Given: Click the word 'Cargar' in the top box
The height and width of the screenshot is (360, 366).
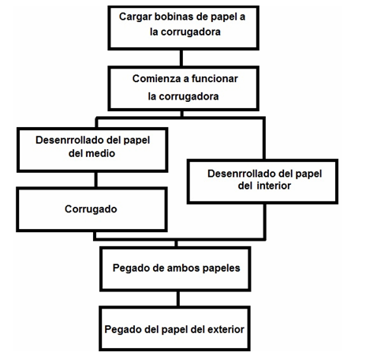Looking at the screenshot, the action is click(x=135, y=17).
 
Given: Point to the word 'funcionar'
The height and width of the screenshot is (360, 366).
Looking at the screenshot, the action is click(x=215, y=79).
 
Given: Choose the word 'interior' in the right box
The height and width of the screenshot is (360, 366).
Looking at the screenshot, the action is click(x=274, y=186).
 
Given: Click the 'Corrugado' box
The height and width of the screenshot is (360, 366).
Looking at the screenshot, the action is click(x=91, y=209).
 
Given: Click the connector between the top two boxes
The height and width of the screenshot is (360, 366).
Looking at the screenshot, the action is click(x=181, y=58).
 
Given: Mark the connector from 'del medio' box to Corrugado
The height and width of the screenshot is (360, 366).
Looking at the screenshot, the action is click(x=95, y=180).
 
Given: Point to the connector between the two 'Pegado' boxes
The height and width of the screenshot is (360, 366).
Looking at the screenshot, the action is click(x=178, y=298).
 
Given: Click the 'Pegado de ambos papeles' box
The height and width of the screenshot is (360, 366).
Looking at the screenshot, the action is click(x=175, y=268).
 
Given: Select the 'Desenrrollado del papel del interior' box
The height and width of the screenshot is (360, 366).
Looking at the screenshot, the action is click(x=263, y=182).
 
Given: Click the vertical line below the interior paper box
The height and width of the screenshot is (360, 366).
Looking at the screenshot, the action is click(x=264, y=222).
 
